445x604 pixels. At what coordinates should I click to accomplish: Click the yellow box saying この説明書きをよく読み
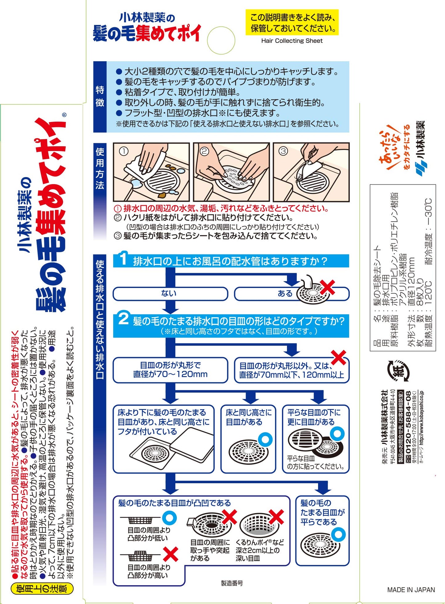[292, 22]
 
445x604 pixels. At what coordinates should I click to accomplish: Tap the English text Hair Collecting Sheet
[292, 41]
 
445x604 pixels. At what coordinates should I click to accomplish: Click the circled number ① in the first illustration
[123, 151]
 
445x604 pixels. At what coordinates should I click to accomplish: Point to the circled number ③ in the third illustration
[283, 151]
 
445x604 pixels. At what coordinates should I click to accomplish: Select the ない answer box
[170, 294]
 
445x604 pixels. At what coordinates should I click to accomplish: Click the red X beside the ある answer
[327, 287]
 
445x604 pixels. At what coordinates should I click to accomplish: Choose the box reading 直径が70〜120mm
[170, 370]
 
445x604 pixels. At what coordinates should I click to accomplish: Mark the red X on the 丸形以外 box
[338, 358]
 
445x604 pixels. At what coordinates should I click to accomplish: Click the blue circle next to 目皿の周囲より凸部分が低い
[169, 518]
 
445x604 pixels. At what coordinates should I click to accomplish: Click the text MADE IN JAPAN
[411, 590]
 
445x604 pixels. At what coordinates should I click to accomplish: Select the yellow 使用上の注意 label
[42, 589]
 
